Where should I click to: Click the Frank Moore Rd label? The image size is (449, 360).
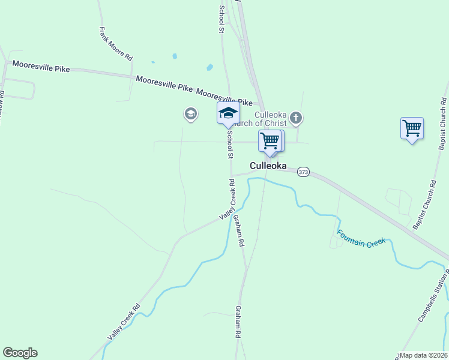pos(116,44)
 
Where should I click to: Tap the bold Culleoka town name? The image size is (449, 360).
pos(268,166)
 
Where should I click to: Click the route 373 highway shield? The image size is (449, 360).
pos(303,172)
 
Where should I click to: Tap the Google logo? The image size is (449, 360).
pos(20,353)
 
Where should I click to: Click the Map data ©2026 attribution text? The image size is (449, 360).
pos(423,355)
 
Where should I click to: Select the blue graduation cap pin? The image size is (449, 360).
pos(228,113)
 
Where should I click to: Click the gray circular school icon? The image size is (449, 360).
pos(191,113)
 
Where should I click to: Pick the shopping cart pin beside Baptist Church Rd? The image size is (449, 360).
pos(412,128)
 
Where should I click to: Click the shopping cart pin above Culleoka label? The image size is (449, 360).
pos(270,141)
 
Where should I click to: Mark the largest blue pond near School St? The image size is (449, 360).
pos(209,67)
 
